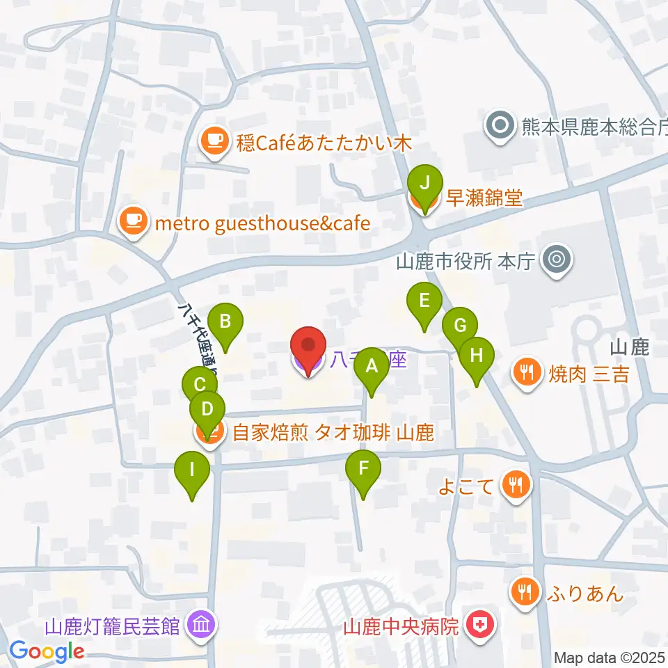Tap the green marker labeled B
click(x=225, y=322)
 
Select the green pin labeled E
click(x=424, y=301)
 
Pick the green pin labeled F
click(x=363, y=468)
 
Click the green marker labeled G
click(x=459, y=326)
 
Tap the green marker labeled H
click(x=477, y=356)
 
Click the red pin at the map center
click(x=308, y=346)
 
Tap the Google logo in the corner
click(x=47, y=651)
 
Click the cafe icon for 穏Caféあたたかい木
click(x=213, y=140)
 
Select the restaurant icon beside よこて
click(x=516, y=484)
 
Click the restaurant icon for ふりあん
click(x=523, y=592)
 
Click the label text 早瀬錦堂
click(x=484, y=199)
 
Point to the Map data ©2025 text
click(x=610, y=658)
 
